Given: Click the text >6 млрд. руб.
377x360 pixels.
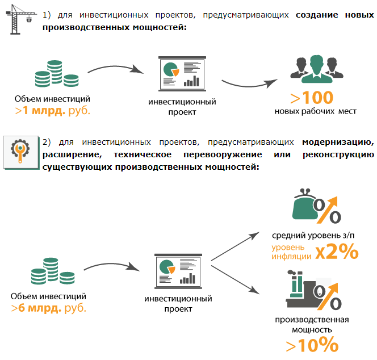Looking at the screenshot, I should (48, 308).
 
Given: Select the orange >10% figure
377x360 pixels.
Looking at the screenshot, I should (312, 345).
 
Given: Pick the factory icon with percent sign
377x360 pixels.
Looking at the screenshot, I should (311, 292).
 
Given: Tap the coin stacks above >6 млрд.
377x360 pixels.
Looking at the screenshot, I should (52, 272).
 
